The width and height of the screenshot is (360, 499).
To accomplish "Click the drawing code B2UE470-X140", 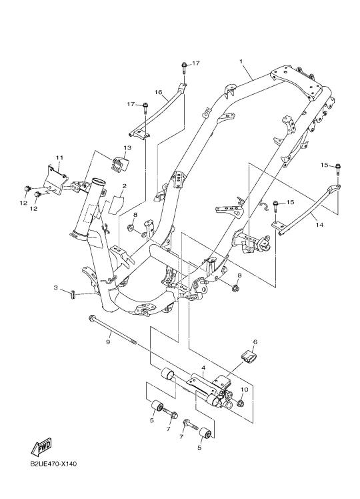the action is (53, 464).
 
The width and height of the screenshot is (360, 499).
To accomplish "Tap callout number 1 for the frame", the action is (241, 61).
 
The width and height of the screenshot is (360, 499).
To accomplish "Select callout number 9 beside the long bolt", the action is (108, 342).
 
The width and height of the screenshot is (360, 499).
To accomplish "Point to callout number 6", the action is (255, 342).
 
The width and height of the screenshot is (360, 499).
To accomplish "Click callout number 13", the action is (127, 147).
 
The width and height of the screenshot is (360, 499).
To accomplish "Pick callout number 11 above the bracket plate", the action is (60, 157).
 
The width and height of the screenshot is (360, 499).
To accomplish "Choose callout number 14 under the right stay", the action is (319, 225).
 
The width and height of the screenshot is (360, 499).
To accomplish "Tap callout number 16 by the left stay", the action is (159, 92).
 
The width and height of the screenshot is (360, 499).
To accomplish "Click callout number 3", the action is (55, 288).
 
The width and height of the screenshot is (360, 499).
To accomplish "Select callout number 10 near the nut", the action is (244, 390).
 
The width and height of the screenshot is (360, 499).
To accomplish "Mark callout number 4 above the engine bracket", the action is (203, 368).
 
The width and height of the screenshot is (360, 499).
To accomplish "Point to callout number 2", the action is (124, 186).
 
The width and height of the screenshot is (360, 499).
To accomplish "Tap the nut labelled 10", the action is (241, 404).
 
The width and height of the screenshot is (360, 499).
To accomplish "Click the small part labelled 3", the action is (72, 294).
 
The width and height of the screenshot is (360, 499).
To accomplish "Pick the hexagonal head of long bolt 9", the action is (92, 318).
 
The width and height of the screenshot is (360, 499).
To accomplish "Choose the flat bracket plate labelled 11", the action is (55, 180).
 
